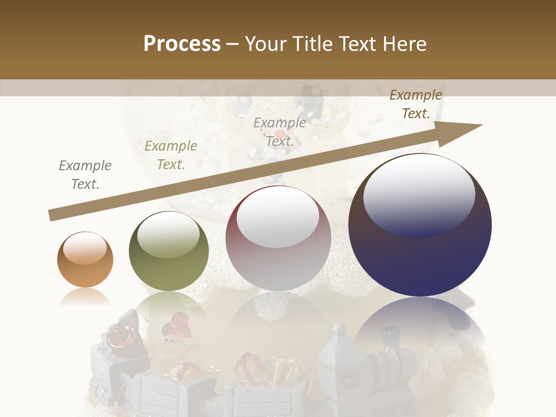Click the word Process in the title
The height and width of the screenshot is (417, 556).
click(x=182, y=44)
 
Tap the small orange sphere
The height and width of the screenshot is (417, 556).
click(x=85, y=259)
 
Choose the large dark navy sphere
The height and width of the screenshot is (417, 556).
click(x=420, y=225)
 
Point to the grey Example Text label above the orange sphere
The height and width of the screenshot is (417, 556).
click(x=85, y=175)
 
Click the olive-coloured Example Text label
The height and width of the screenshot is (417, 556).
click(x=170, y=155)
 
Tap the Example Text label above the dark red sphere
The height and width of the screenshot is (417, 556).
click(x=280, y=131)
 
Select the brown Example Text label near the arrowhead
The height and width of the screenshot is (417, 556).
click(x=416, y=104)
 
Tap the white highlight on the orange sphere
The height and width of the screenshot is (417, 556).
click(x=85, y=248)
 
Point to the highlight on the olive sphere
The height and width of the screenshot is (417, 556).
click(x=169, y=234)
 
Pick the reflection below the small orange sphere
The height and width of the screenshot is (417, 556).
click(x=85, y=297)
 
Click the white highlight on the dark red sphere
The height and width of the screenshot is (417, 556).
click(x=278, y=217)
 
